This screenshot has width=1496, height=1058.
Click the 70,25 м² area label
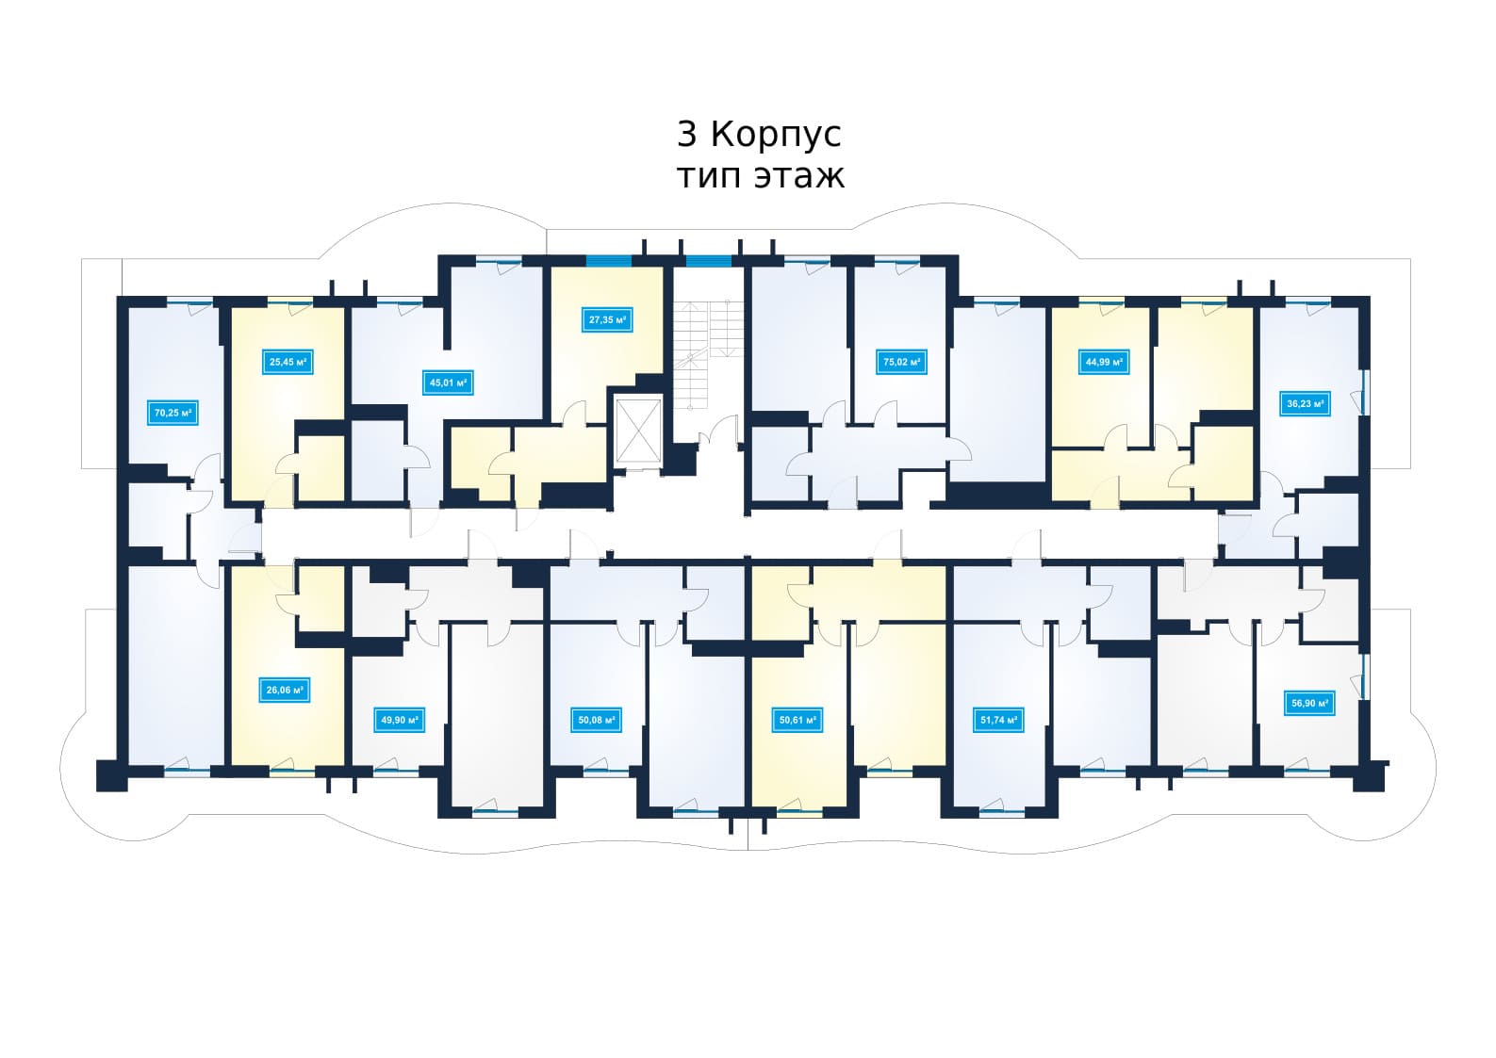(173, 414)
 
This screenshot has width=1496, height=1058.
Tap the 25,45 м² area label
(288, 363)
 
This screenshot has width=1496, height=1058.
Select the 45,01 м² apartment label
(448, 383)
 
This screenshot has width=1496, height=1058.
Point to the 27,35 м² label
(607, 320)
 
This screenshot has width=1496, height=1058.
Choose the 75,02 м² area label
(901, 363)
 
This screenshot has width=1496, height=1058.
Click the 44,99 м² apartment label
(1103, 363)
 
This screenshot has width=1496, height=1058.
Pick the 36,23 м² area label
(1305, 404)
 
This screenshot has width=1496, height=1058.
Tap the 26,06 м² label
(285, 691)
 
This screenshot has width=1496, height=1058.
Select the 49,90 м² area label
(399, 721)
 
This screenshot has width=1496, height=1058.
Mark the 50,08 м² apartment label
(596, 721)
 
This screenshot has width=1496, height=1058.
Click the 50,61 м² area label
(797, 721)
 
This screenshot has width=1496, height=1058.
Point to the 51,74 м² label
(998, 721)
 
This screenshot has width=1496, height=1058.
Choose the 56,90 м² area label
(1309, 703)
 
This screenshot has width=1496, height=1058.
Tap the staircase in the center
(708, 354)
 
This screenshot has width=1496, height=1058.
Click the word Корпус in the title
(776, 137)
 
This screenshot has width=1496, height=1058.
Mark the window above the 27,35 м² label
(608, 261)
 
